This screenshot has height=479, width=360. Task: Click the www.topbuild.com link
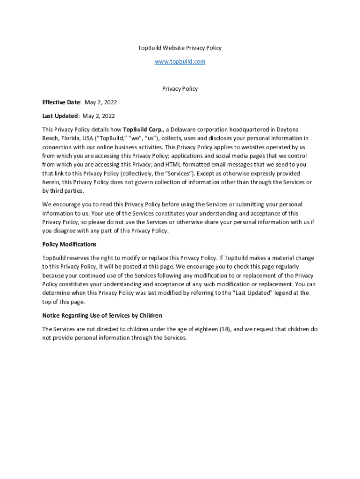click(180, 62)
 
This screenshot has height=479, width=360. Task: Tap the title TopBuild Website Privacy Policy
click(180, 48)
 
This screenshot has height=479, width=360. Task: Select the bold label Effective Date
click(61, 102)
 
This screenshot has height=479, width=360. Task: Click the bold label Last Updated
click(60, 116)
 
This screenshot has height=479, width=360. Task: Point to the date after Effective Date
click(101, 102)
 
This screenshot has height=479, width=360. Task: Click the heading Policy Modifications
click(69, 244)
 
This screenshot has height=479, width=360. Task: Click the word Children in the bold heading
click(149, 316)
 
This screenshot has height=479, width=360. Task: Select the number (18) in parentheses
click(224, 329)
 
